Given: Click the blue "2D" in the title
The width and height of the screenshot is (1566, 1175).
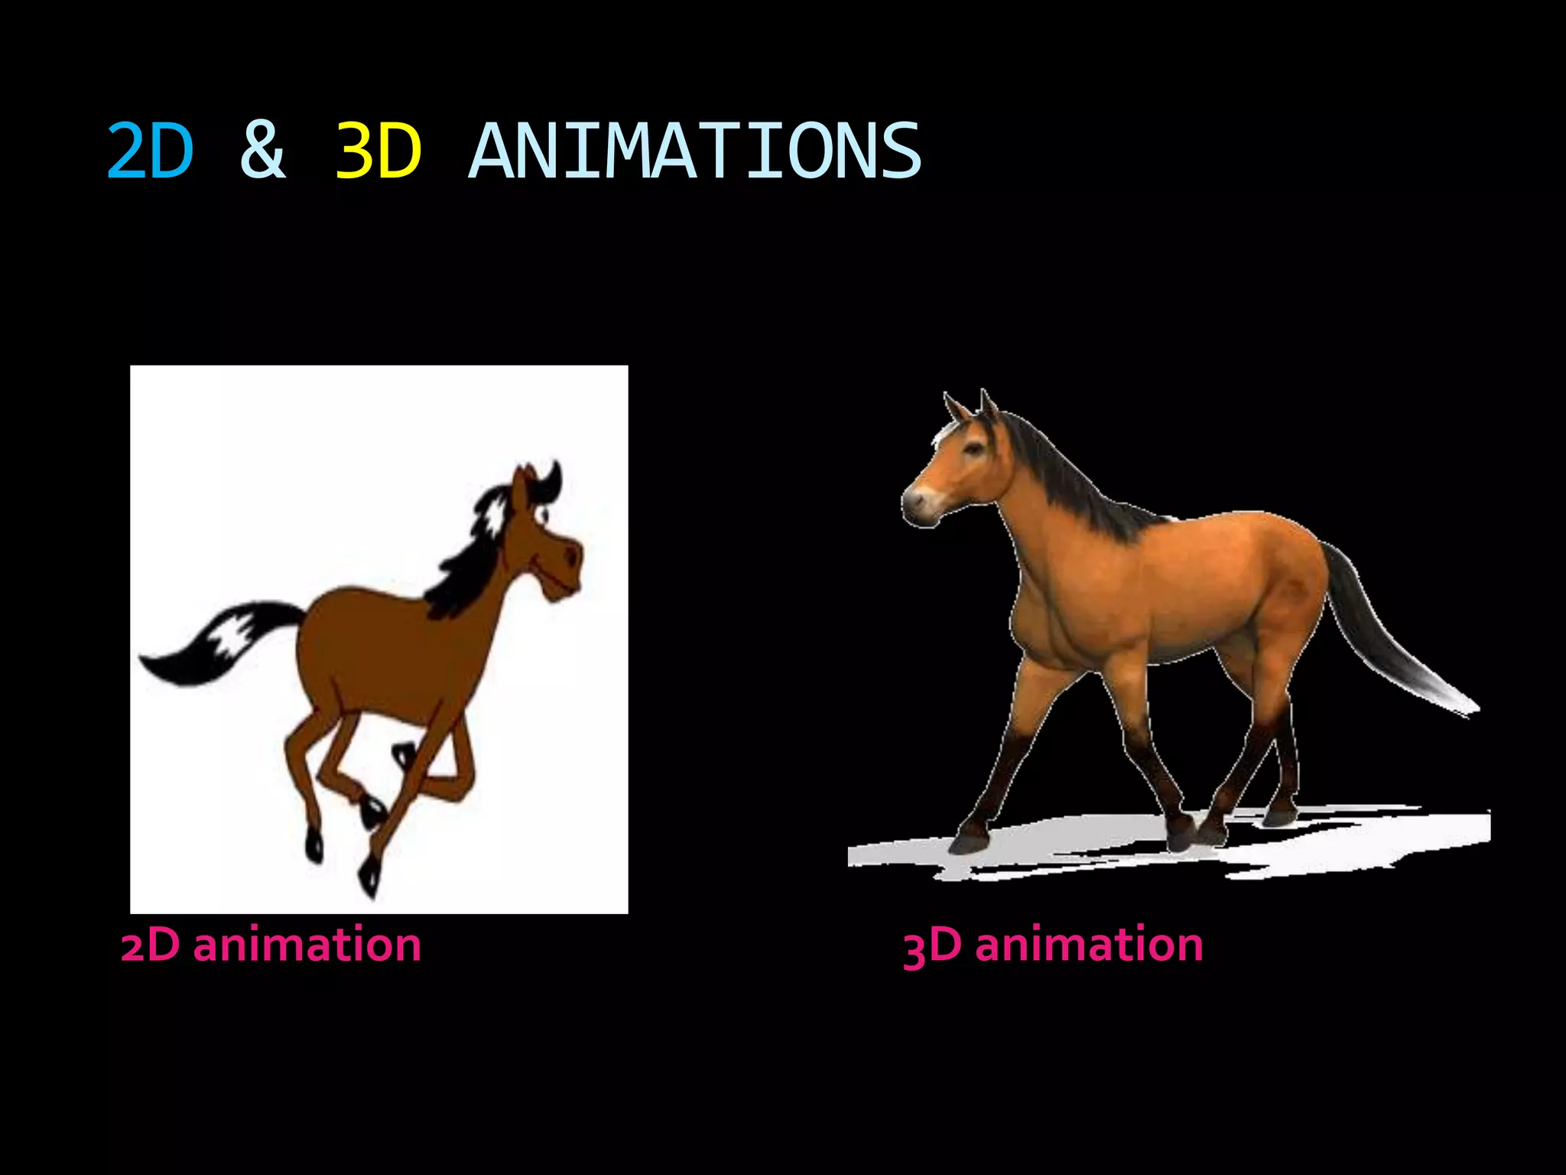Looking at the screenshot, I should pos(150,151).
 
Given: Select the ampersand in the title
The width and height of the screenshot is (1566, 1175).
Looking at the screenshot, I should pos(262,151).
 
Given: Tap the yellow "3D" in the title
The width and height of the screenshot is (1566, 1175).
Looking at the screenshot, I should pos(378,151).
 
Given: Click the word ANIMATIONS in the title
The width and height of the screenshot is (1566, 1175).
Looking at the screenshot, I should pos(694,151).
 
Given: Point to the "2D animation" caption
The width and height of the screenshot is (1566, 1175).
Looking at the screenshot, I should pos(271,945).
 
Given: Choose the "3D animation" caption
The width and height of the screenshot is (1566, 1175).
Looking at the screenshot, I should pos(1053,945).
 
